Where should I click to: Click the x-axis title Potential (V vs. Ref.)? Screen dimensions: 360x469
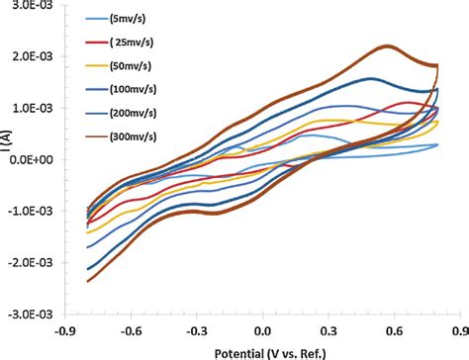262,350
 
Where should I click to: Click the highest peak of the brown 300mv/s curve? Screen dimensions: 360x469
387,46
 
